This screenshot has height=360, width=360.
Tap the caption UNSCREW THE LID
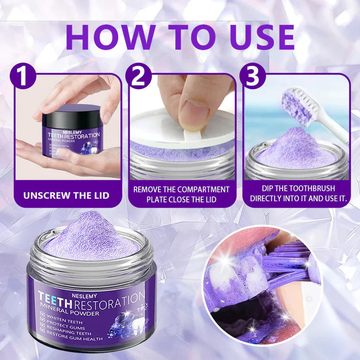[66, 194]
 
